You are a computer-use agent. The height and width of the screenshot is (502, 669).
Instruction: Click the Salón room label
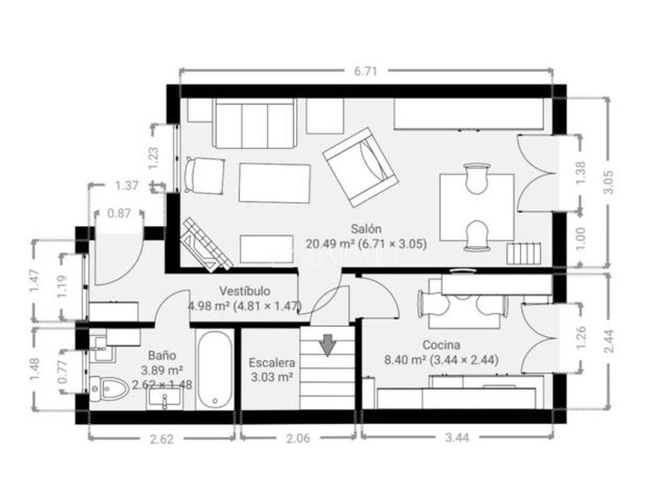click(x=366, y=229)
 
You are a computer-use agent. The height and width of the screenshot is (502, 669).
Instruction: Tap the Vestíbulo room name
click(x=245, y=291)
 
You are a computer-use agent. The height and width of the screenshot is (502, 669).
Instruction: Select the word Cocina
click(x=441, y=345)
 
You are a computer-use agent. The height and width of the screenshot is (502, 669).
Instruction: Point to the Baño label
click(x=162, y=355)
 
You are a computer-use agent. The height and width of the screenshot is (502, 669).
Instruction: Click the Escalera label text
click(x=272, y=363)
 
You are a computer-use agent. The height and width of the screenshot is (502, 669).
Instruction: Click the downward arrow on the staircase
click(x=327, y=345)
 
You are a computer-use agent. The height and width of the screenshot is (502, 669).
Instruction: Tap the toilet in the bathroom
click(x=109, y=389)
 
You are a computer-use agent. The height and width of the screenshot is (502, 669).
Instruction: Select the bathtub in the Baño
click(x=216, y=370)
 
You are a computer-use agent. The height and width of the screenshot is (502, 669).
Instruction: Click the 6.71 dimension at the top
click(x=366, y=71)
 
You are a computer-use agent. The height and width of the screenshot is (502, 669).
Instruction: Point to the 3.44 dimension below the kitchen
click(x=457, y=437)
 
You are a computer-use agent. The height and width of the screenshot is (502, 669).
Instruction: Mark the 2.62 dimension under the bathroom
click(x=162, y=439)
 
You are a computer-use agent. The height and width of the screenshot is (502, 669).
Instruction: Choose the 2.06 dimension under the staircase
click(x=298, y=438)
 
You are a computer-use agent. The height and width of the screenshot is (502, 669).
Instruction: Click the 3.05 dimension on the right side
click(x=608, y=182)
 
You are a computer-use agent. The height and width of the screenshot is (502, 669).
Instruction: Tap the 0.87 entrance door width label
click(x=119, y=213)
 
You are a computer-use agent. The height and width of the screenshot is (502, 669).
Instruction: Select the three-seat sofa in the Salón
click(x=255, y=124)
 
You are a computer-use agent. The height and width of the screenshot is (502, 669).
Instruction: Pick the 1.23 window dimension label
click(x=154, y=158)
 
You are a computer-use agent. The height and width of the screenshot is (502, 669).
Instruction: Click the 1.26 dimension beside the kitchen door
click(x=581, y=338)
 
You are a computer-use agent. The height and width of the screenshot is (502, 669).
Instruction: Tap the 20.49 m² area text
click(x=331, y=244)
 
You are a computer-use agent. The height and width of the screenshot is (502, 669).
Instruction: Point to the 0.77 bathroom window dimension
click(x=63, y=372)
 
